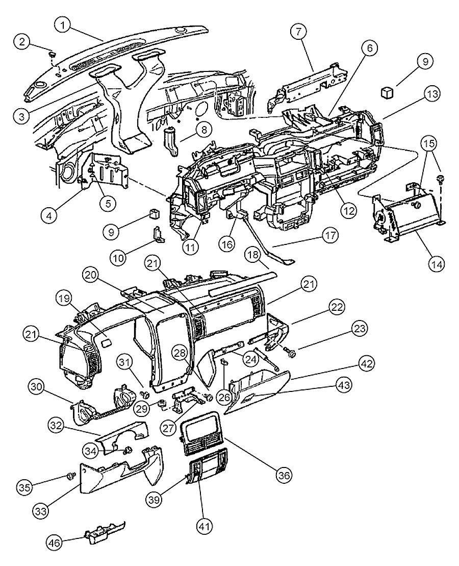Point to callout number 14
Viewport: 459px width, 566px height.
(x=437, y=264)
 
